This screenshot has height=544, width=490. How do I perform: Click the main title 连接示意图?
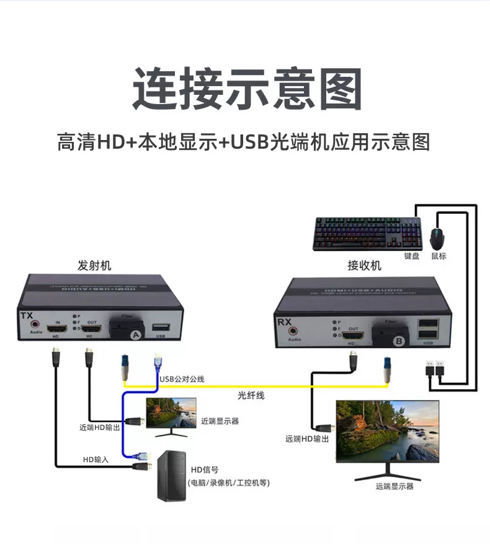(x=247, y=89)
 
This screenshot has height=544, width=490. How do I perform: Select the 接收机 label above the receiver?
(x=364, y=266)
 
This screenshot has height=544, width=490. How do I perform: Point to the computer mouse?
(x=439, y=237)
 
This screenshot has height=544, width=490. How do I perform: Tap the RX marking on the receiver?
(x=283, y=323)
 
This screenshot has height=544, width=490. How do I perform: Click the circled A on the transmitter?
(x=135, y=335)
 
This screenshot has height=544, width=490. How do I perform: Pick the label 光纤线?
(x=251, y=395)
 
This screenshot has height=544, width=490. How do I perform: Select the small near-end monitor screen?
(x=171, y=415)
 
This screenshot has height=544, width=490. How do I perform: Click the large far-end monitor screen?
(x=387, y=432)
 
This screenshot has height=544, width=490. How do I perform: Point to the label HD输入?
(x=96, y=459)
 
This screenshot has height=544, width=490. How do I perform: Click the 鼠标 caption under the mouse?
(x=439, y=255)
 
